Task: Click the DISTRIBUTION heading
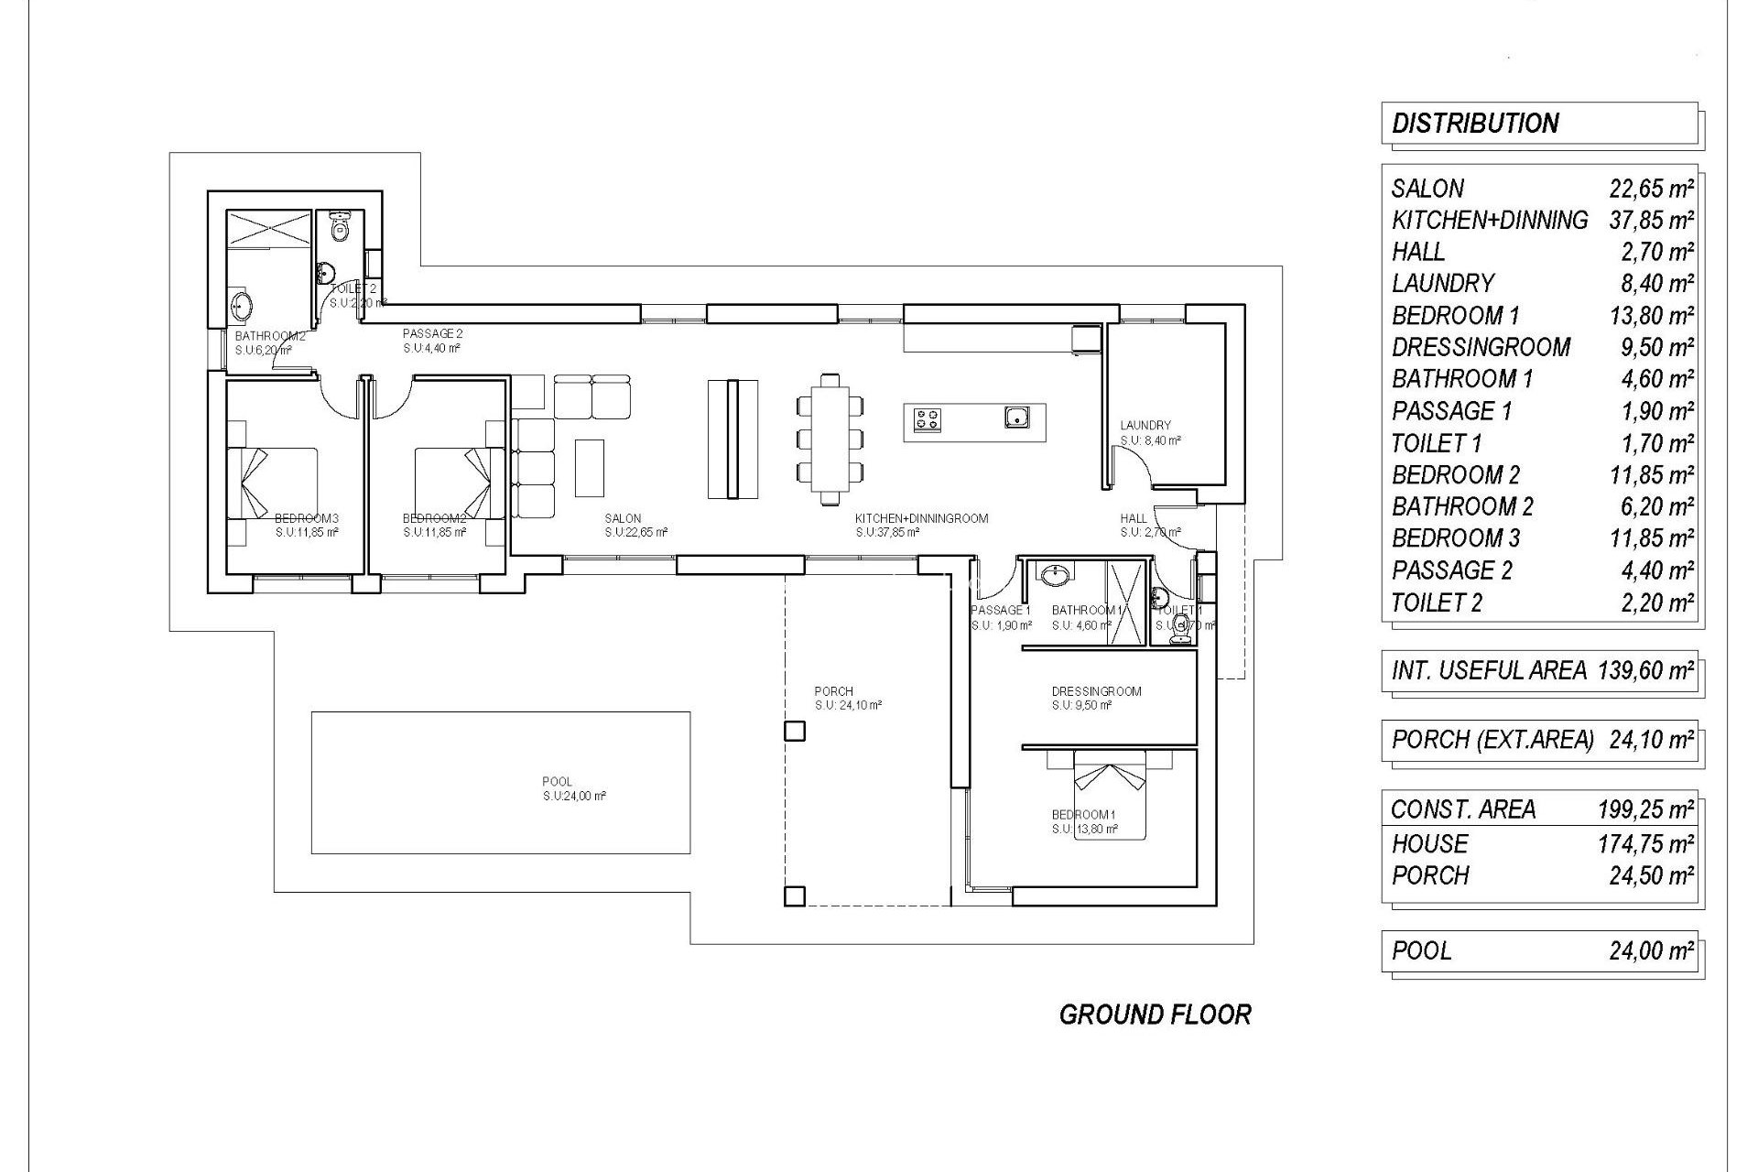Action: tap(1474, 124)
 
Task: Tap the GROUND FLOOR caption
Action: tap(1155, 1015)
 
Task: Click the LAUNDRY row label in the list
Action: tap(1443, 284)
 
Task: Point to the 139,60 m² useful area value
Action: tap(1645, 670)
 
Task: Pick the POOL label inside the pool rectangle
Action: tap(557, 781)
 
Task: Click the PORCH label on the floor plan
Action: tap(833, 691)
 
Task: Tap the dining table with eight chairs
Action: tap(830, 439)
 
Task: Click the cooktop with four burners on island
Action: tap(927, 419)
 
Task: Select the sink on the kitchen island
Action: tap(1016, 418)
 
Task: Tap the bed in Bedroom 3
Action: tap(272, 483)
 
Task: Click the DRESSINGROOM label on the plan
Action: tap(1096, 691)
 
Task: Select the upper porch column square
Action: tap(794, 731)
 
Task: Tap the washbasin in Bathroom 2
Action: tap(242, 306)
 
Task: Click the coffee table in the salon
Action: tap(590, 467)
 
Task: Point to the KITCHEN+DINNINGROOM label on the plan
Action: tap(921, 518)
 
